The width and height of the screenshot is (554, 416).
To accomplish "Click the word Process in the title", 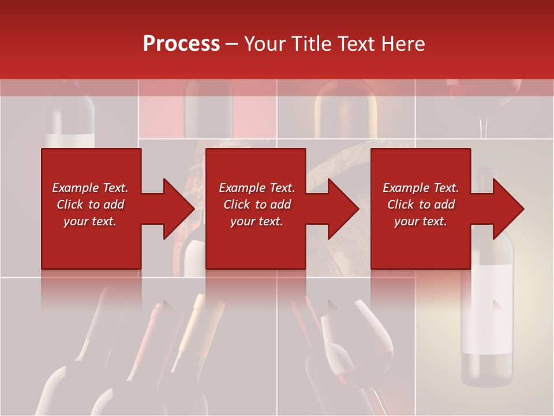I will (x=181, y=44).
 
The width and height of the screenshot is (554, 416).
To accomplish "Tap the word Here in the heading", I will (x=404, y=44).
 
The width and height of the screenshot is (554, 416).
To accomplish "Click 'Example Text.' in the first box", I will (x=91, y=188).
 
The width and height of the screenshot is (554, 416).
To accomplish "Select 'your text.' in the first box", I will (x=91, y=221).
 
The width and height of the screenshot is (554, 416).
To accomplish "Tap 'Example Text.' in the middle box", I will (x=257, y=188).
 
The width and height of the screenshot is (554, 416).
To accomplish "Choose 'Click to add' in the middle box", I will (x=257, y=205).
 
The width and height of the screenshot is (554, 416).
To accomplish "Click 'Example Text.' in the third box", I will (x=421, y=188).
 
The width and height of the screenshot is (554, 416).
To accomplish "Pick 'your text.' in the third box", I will (x=421, y=221).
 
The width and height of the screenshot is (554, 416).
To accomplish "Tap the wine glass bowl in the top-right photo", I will (x=484, y=95).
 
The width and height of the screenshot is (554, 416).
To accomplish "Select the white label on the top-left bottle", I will (x=70, y=140).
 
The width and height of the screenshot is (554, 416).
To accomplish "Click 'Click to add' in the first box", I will (x=91, y=205).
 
